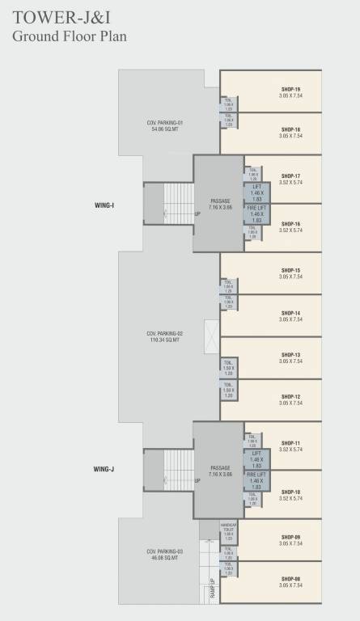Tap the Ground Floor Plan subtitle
[x=69, y=36]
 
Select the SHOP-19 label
[x=291, y=89]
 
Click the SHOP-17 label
[x=291, y=175]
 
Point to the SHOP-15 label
[x=291, y=270]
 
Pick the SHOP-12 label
[x=291, y=396]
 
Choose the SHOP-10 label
[x=291, y=491]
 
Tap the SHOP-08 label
[x=291, y=579]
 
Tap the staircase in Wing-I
[x=178, y=205]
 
